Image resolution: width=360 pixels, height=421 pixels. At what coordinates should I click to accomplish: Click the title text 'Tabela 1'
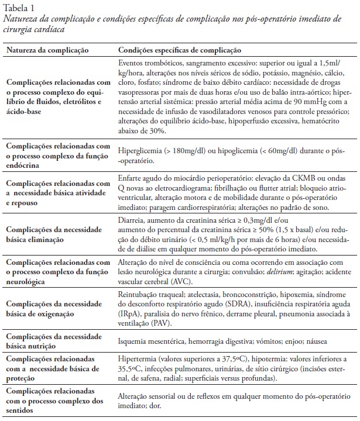18,8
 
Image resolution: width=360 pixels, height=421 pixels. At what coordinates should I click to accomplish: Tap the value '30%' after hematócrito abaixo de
155,130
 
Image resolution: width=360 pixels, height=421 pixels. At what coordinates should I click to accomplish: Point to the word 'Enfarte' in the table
131,175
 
